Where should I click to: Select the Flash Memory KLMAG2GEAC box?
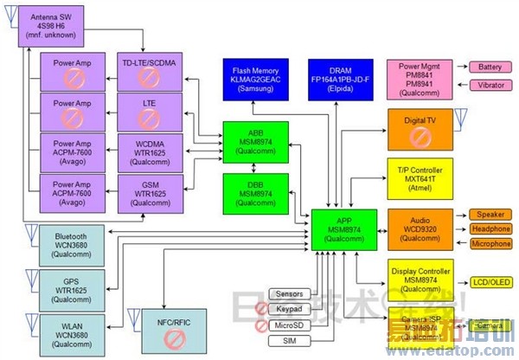[252, 77]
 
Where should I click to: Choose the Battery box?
[490, 67]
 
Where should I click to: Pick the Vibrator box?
[490, 86]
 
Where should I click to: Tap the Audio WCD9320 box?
[420, 228]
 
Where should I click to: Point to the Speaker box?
[490, 215]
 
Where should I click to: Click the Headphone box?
[490, 229]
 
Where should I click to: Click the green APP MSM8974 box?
[344, 228]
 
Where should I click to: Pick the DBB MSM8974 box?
[250, 192]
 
